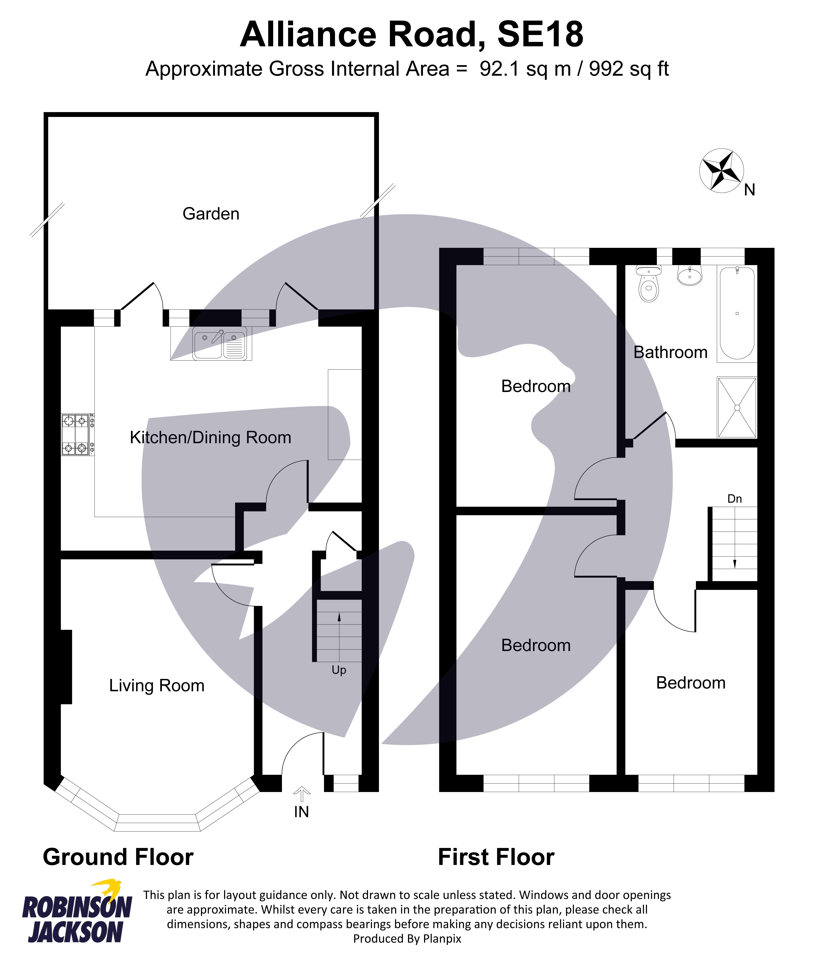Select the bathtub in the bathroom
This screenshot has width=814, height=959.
[x=737, y=314]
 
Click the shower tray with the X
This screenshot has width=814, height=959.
[x=737, y=408]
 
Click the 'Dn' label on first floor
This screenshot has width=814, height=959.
[x=734, y=499]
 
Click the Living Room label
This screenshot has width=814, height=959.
[x=156, y=686]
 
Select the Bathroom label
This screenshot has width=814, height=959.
[x=670, y=352]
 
